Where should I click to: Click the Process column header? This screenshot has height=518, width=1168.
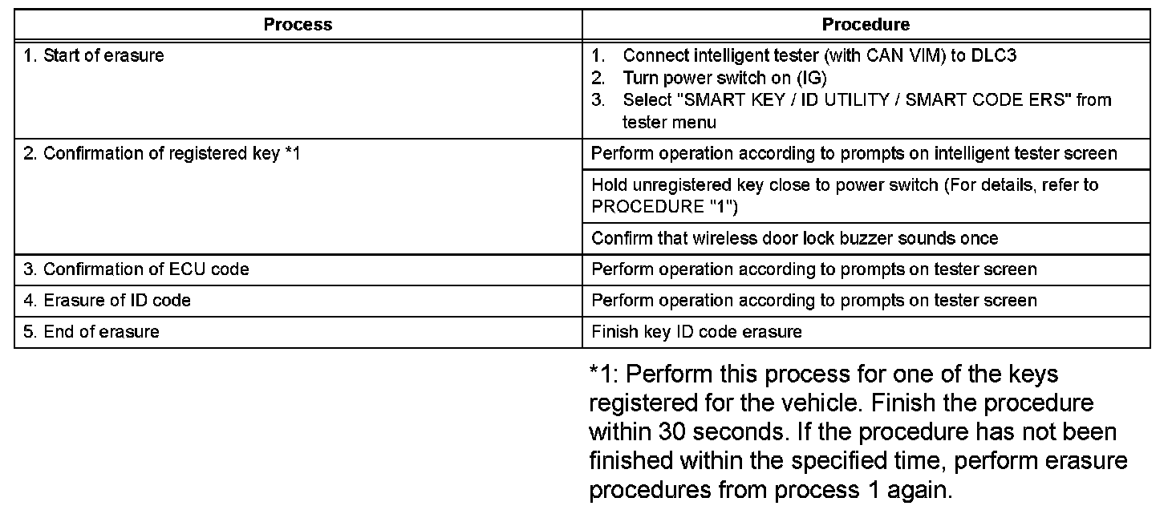[298, 25]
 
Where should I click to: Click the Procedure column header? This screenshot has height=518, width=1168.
[866, 25]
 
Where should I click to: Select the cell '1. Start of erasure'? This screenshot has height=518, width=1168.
[94, 56]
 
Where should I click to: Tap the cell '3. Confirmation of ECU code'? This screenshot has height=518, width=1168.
[136, 269]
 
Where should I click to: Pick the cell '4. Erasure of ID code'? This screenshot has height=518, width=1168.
[107, 301]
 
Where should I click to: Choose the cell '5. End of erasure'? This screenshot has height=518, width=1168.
[91, 332]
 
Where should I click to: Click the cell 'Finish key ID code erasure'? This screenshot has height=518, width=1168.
[696, 332]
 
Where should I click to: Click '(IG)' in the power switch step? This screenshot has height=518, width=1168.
[811, 79]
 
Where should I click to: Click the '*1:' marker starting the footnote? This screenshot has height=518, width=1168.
[605, 374]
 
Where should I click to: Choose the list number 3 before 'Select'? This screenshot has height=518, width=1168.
[597, 101]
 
